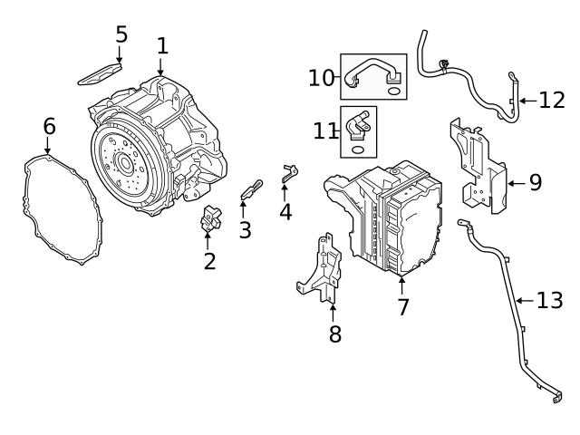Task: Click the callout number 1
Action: [161, 44]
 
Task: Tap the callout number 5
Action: [121, 34]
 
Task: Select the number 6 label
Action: [49, 126]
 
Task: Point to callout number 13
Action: [549, 300]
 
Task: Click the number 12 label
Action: [551, 100]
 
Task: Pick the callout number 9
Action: [535, 182]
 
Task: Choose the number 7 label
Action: [402, 307]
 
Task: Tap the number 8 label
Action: [334, 333]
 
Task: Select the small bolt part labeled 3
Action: [250, 189]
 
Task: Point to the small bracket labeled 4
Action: [289, 172]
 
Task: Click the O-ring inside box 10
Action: [393, 91]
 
